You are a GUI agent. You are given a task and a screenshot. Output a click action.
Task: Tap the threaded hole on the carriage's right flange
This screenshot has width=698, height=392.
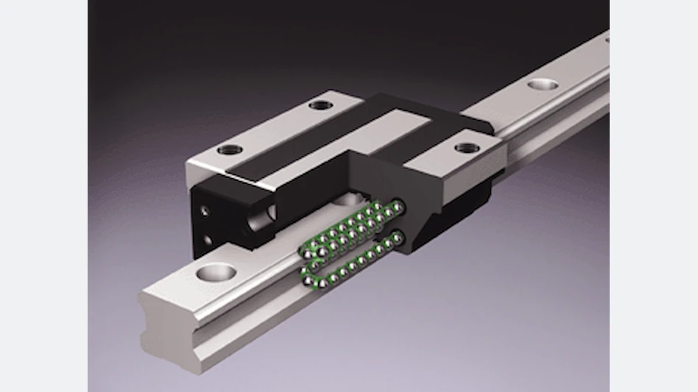coord(467,148)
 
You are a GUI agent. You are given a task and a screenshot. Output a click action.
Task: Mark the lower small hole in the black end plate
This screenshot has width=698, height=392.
coord(208,239)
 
